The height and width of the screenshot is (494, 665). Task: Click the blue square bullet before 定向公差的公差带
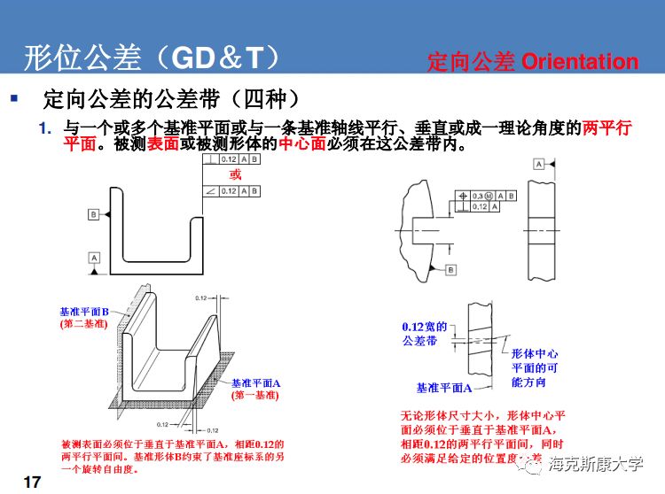point(13,96)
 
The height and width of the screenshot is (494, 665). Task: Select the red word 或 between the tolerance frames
point(236,175)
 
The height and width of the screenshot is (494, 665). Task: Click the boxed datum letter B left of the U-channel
point(93,214)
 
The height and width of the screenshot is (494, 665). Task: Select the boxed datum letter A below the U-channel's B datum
point(93,256)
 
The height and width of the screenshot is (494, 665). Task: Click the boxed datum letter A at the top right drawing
point(538,165)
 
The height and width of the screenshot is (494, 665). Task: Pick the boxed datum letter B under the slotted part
point(450,269)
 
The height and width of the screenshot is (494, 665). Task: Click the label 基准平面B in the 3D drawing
point(83,313)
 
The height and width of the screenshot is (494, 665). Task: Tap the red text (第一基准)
point(254,396)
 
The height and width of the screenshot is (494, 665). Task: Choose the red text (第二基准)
point(83,325)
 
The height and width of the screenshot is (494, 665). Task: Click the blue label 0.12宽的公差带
point(424,334)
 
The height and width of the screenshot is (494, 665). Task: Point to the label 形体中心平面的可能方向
point(534,367)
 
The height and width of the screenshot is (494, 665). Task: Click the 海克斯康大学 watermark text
point(596,464)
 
